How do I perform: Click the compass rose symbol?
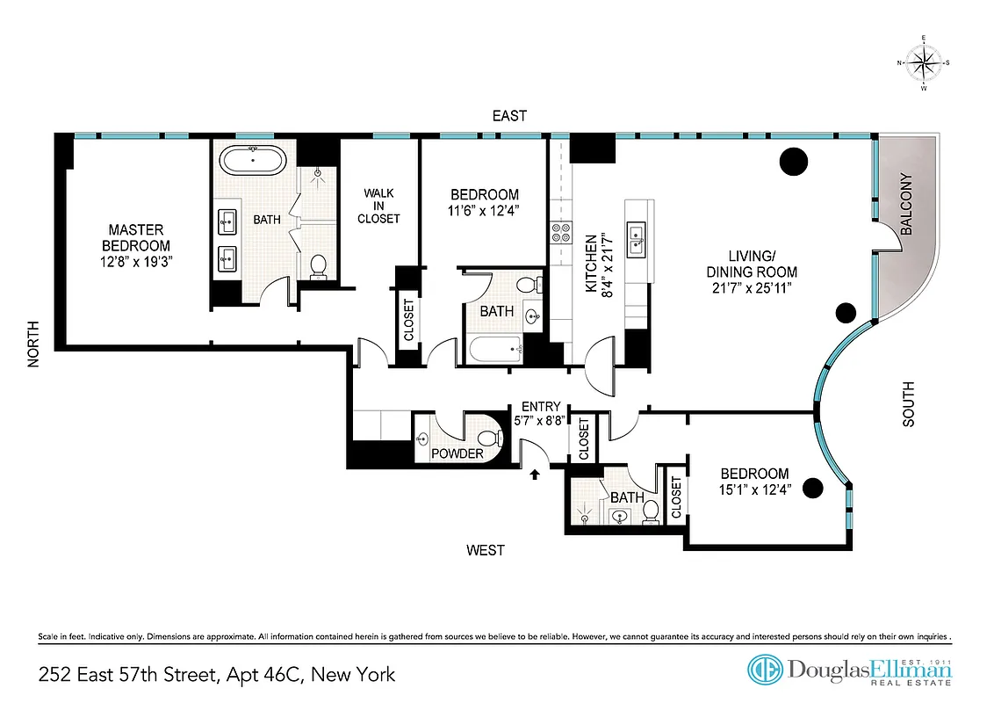pyautogui.click(x=923, y=62)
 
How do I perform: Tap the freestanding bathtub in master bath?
pyautogui.click(x=253, y=162)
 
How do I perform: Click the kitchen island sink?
pyautogui.click(x=635, y=234)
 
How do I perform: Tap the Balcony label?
pyautogui.click(x=907, y=204)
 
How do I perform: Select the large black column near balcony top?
pyautogui.click(x=794, y=161)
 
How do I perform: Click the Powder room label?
pyautogui.click(x=457, y=453)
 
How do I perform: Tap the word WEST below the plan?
pyautogui.click(x=486, y=550)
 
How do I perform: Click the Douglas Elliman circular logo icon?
pyautogui.click(x=764, y=670)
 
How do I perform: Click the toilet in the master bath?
pyautogui.click(x=318, y=265)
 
